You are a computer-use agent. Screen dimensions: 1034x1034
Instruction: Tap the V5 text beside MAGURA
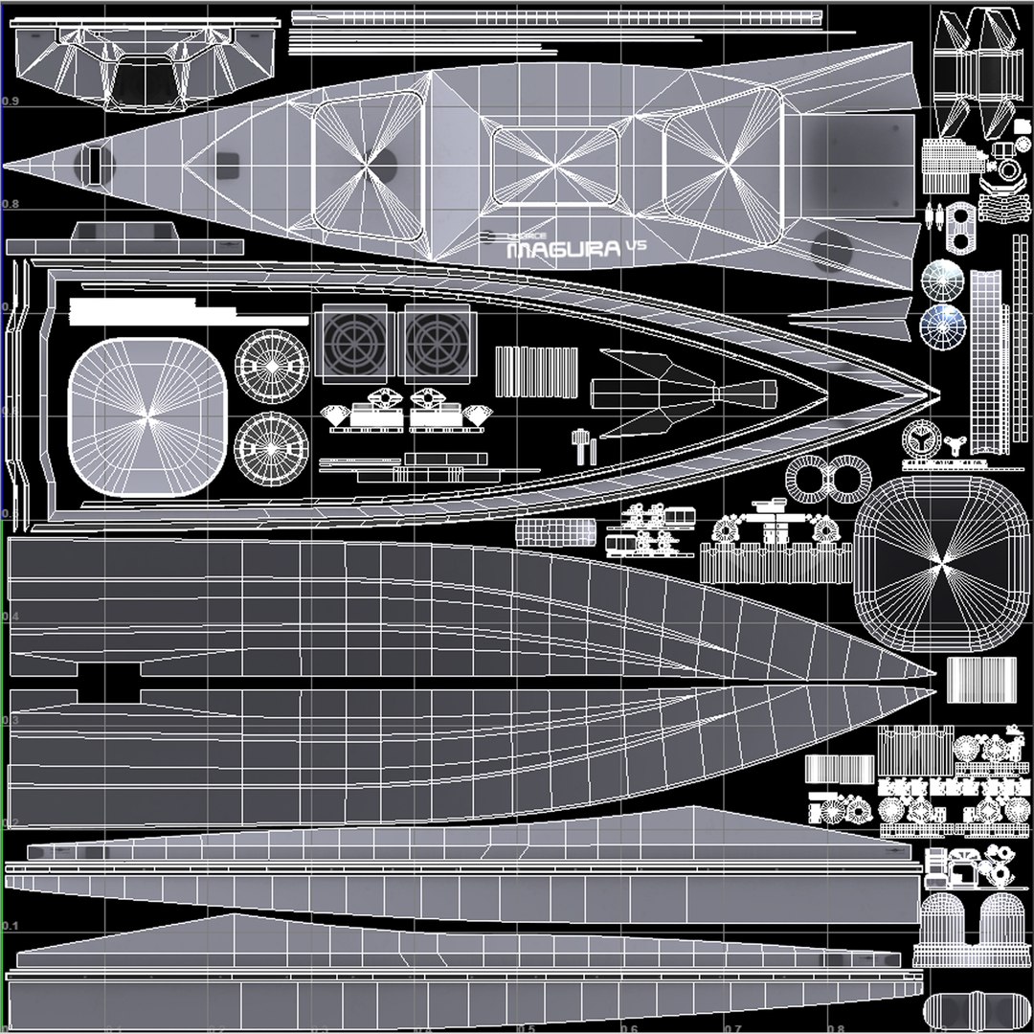click(636, 245)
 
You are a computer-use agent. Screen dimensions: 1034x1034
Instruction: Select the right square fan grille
click(439, 339)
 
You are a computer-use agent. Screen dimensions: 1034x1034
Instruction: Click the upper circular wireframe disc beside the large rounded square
click(273, 368)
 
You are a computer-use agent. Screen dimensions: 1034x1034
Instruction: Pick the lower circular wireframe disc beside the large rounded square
click(273, 450)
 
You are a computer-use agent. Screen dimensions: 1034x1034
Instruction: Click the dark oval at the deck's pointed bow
click(94, 165)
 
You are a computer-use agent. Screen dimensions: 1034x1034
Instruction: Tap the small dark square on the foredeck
click(227, 165)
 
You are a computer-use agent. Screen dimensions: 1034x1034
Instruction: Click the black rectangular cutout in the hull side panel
click(109, 682)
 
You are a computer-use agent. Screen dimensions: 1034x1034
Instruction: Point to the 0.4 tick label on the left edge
click(11, 616)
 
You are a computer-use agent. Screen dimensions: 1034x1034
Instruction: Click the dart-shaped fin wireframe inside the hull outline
click(670, 393)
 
